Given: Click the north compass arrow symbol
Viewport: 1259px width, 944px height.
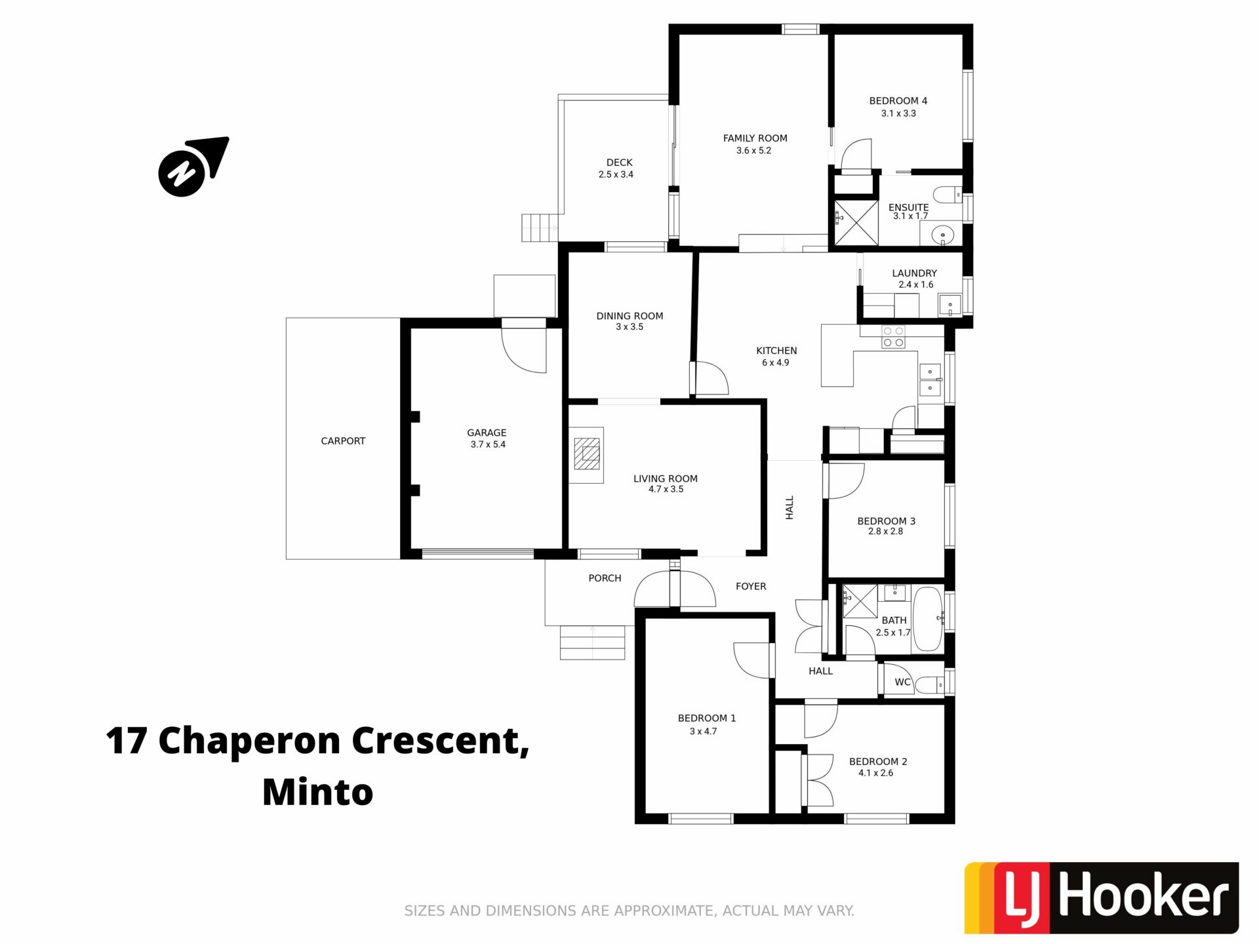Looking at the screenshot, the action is click(x=193, y=167).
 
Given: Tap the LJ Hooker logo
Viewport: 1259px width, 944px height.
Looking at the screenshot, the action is click(x=1101, y=897).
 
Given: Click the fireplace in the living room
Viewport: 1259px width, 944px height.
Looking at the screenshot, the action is click(x=586, y=455).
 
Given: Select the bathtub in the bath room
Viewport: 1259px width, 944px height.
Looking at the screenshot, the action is click(x=927, y=619).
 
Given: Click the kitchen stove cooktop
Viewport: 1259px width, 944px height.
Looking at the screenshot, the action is click(x=893, y=337).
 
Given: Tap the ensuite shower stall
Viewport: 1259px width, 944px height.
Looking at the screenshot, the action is click(x=856, y=224).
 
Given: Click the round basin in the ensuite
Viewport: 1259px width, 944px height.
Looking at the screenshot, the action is click(x=942, y=234).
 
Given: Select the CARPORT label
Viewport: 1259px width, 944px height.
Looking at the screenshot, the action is click(x=343, y=441).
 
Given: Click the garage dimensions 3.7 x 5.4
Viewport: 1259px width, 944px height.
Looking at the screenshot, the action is click(x=488, y=444).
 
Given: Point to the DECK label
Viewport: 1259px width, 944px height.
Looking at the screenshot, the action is click(x=620, y=163).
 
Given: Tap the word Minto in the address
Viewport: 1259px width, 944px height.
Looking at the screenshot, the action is click(x=318, y=792).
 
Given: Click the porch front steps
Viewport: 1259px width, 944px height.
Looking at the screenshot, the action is click(x=592, y=642).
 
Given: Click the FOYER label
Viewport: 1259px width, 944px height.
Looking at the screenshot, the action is click(x=751, y=587).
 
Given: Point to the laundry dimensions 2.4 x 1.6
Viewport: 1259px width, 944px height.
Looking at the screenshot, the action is click(x=916, y=285).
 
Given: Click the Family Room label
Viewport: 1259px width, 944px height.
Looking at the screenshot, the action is click(x=755, y=138).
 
